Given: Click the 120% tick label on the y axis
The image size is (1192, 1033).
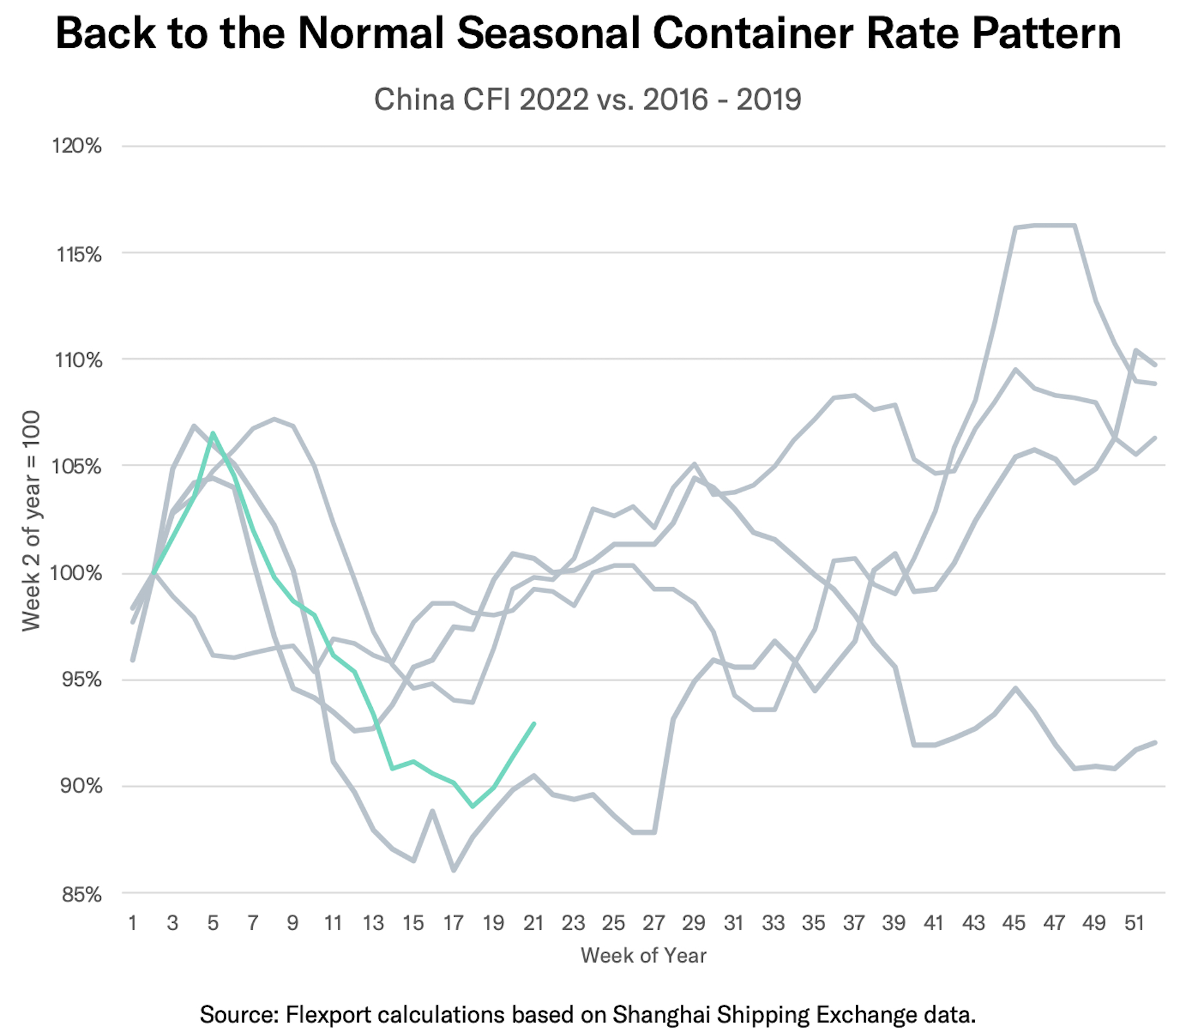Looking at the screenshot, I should click(77, 147).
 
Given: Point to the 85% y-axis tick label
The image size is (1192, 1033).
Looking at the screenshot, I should click(79, 895).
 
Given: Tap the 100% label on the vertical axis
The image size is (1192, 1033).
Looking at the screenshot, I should click(77, 573).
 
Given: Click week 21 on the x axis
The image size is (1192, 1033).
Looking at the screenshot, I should click(533, 922).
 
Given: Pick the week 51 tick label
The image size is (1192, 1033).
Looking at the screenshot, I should click(1134, 922).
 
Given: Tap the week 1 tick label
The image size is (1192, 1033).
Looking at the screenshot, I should click(132, 922).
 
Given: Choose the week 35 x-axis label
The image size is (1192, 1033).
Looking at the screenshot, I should click(813, 922).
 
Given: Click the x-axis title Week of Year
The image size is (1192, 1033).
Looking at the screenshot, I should click(643, 955).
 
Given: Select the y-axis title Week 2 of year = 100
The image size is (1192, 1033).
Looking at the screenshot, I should click(31, 520).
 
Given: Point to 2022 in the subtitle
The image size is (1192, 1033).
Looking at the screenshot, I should click(554, 100).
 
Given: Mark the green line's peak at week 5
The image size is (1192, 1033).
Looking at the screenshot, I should click(213, 433).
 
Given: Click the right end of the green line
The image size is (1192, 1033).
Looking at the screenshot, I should click(534, 723).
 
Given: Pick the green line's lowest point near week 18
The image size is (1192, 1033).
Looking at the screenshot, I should click(473, 806).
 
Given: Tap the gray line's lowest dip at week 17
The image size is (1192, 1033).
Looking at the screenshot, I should click(454, 870).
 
